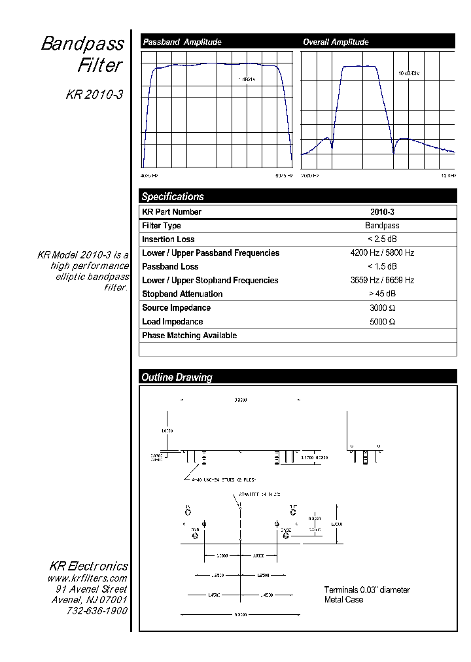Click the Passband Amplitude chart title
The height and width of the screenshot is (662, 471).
click(x=182, y=42)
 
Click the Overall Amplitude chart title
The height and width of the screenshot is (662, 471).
click(x=336, y=42)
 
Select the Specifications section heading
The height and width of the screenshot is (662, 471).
click(x=173, y=196)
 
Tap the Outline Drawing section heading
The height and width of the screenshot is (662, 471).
click(x=177, y=377)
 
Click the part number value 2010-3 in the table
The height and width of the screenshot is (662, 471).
click(x=382, y=212)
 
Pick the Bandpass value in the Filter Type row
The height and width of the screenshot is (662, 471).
click(x=382, y=226)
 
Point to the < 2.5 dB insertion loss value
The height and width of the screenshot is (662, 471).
click(x=382, y=239)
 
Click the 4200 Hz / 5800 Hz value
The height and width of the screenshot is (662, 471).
click(x=382, y=253)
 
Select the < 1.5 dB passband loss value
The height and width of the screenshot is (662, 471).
click(x=382, y=267)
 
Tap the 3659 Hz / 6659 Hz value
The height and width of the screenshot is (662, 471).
click(x=382, y=281)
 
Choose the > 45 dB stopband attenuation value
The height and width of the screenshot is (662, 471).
click(x=382, y=294)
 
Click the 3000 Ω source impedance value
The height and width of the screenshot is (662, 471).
click(x=382, y=308)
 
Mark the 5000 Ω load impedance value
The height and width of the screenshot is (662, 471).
click(x=382, y=322)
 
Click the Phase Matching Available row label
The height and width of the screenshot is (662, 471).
click(x=189, y=336)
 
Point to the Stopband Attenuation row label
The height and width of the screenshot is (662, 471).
click(x=182, y=294)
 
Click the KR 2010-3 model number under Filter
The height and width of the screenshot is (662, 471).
click(x=94, y=94)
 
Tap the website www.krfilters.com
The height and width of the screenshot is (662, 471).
click(x=87, y=578)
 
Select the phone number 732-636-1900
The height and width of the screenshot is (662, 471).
click(x=97, y=610)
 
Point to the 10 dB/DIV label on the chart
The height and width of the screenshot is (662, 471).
click(x=409, y=73)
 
